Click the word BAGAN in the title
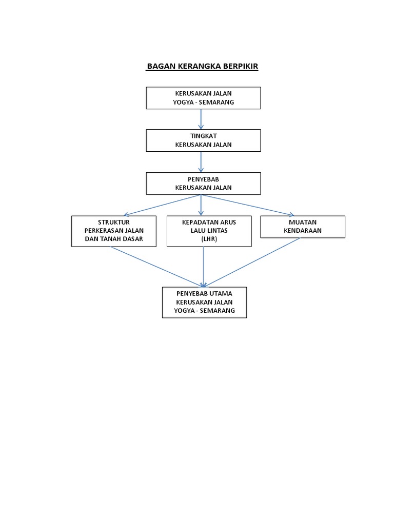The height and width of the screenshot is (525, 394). click(161, 66)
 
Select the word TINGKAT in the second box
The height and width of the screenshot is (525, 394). click(203, 136)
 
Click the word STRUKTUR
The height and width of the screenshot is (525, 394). click(113, 222)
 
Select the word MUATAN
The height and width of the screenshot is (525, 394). click(303, 222)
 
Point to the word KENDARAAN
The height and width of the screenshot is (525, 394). click(303, 230)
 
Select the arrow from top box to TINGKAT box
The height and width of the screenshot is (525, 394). click(201, 119)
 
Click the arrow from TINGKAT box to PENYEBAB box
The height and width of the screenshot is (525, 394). click(201, 162)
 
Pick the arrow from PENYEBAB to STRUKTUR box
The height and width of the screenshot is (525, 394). click(162, 205)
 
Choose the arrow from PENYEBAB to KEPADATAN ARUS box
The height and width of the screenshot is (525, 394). click(201, 205)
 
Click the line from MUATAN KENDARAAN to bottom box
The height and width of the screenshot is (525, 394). click(251, 262)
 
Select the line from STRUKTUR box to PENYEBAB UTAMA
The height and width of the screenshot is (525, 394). click(157, 267)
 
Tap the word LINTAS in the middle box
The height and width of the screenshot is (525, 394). click(218, 230)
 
